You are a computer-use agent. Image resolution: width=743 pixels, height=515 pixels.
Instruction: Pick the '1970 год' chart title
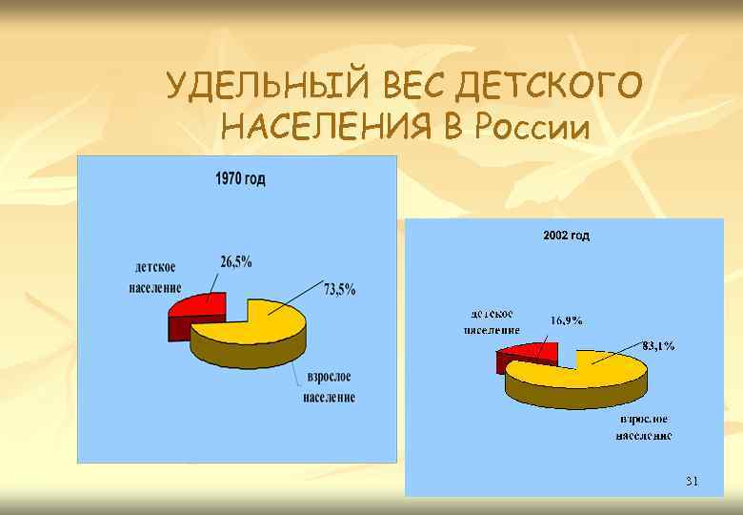coord(240,178)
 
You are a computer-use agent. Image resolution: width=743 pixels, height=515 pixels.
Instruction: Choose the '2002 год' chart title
coord(566,235)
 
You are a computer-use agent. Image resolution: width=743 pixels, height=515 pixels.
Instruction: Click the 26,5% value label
coord(236,261)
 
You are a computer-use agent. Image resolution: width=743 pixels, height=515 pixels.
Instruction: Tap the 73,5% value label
coord(340,290)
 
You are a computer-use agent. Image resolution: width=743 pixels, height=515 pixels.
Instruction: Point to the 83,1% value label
coord(657,345)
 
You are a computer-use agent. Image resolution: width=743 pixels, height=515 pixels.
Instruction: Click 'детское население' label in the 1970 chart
coord(155,278)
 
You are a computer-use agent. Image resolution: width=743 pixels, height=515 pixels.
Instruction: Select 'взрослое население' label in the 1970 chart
coord(330,388)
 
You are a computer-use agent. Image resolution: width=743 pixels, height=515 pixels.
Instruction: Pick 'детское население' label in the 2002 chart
coord(492,321)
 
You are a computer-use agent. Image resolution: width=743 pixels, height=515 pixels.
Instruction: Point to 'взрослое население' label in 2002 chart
coord(643,427)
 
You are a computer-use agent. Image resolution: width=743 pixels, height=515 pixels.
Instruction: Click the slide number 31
coord(692,482)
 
